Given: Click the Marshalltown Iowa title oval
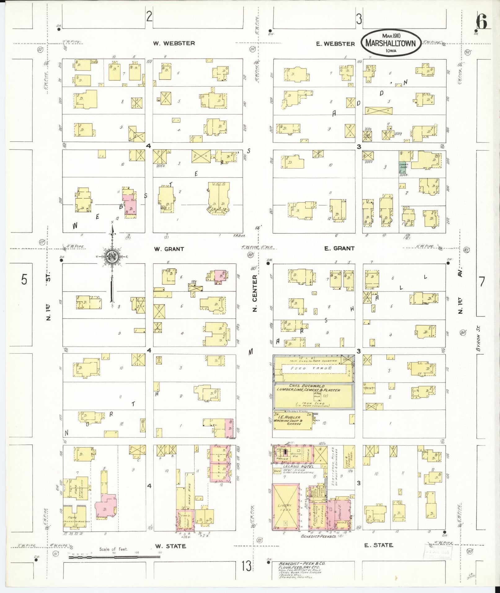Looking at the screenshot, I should (390, 43).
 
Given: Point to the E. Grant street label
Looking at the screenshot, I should (339, 248).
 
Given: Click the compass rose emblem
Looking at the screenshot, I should (111, 257).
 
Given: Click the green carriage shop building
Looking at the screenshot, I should (403, 167).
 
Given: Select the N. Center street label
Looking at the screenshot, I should (255, 293).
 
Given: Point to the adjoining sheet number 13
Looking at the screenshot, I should (246, 566).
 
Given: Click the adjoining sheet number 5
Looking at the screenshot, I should (24, 280).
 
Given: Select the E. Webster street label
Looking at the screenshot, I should (335, 44).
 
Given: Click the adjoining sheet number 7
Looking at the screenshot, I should (482, 282).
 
